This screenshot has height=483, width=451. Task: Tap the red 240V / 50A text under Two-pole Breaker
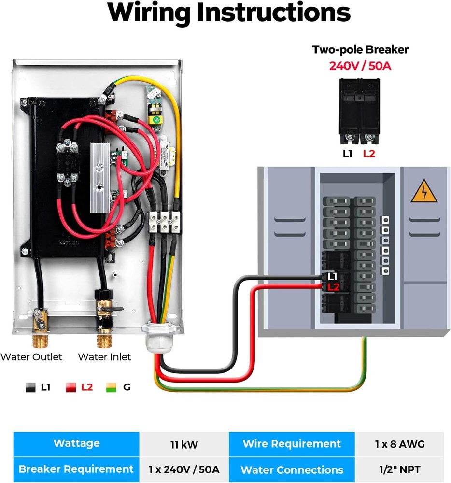tap(360, 65)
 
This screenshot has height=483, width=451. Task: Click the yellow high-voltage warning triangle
tap(423, 193)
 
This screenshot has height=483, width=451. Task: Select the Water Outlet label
tap(31, 357)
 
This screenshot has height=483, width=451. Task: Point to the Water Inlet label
tap(104, 357)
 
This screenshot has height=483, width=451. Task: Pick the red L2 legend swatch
tap(71, 387)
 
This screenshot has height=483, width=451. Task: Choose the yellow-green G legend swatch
tap(112, 387)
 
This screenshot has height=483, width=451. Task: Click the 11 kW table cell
tap(184, 444)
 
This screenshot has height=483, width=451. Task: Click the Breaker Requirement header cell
tap(76, 469)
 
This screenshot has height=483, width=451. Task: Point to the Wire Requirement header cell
tap(292, 444)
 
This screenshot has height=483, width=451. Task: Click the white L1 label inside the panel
tap(332, 277)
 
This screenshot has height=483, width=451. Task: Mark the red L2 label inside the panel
tap(333, 287)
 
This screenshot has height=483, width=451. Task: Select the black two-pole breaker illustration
tap(360, 111)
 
